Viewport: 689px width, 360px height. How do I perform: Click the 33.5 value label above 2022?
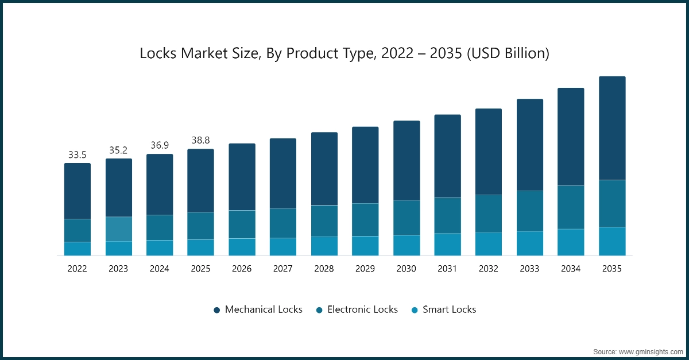[x=77, y=155]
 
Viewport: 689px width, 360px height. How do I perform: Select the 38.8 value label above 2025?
[x=200, y=141]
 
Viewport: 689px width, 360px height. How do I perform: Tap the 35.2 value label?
[x=118, y=150]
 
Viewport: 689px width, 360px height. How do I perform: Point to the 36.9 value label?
[x=160, y=146]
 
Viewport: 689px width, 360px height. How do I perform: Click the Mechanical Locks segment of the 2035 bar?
[x=612, y=128]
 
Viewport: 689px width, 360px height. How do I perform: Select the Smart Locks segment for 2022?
[x=77, y=249]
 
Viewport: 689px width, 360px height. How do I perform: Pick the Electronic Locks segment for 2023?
[x=118, y=229]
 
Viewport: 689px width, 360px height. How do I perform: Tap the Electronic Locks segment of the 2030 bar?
[x=407, y=218]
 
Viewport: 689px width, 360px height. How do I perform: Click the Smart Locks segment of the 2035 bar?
[x=612, y=241]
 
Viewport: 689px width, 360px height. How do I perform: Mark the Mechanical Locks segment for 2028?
[x=324, y=169]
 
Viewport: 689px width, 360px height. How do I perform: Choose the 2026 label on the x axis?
[x=242, y=269]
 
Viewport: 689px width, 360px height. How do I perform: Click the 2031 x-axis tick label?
[x=447, y=269]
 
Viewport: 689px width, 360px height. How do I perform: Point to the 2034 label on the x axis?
[x=571, y=269]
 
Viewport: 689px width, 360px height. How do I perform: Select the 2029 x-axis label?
[x=365, y=269]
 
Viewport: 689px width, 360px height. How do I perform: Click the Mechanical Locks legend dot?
[x=217, y=310]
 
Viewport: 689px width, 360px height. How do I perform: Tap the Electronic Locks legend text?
[x=362, y=309]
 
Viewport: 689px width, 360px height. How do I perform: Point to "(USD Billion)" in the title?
[x=508, y=53]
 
